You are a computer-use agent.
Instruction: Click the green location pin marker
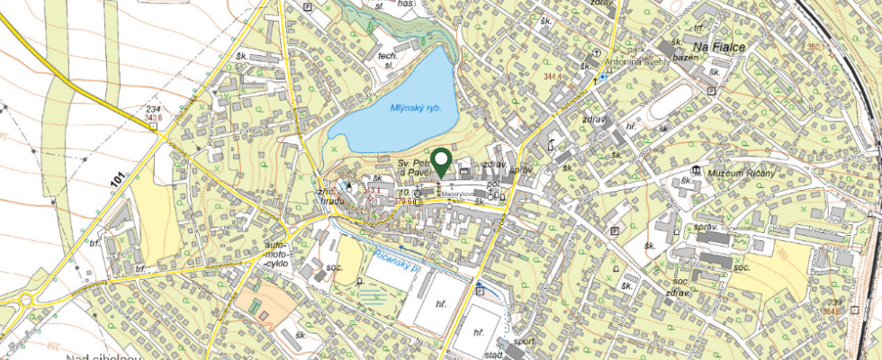point(441,161)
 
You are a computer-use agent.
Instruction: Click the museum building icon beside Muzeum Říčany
point(695,171)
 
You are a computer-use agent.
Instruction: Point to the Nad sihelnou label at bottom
point(105,356)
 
